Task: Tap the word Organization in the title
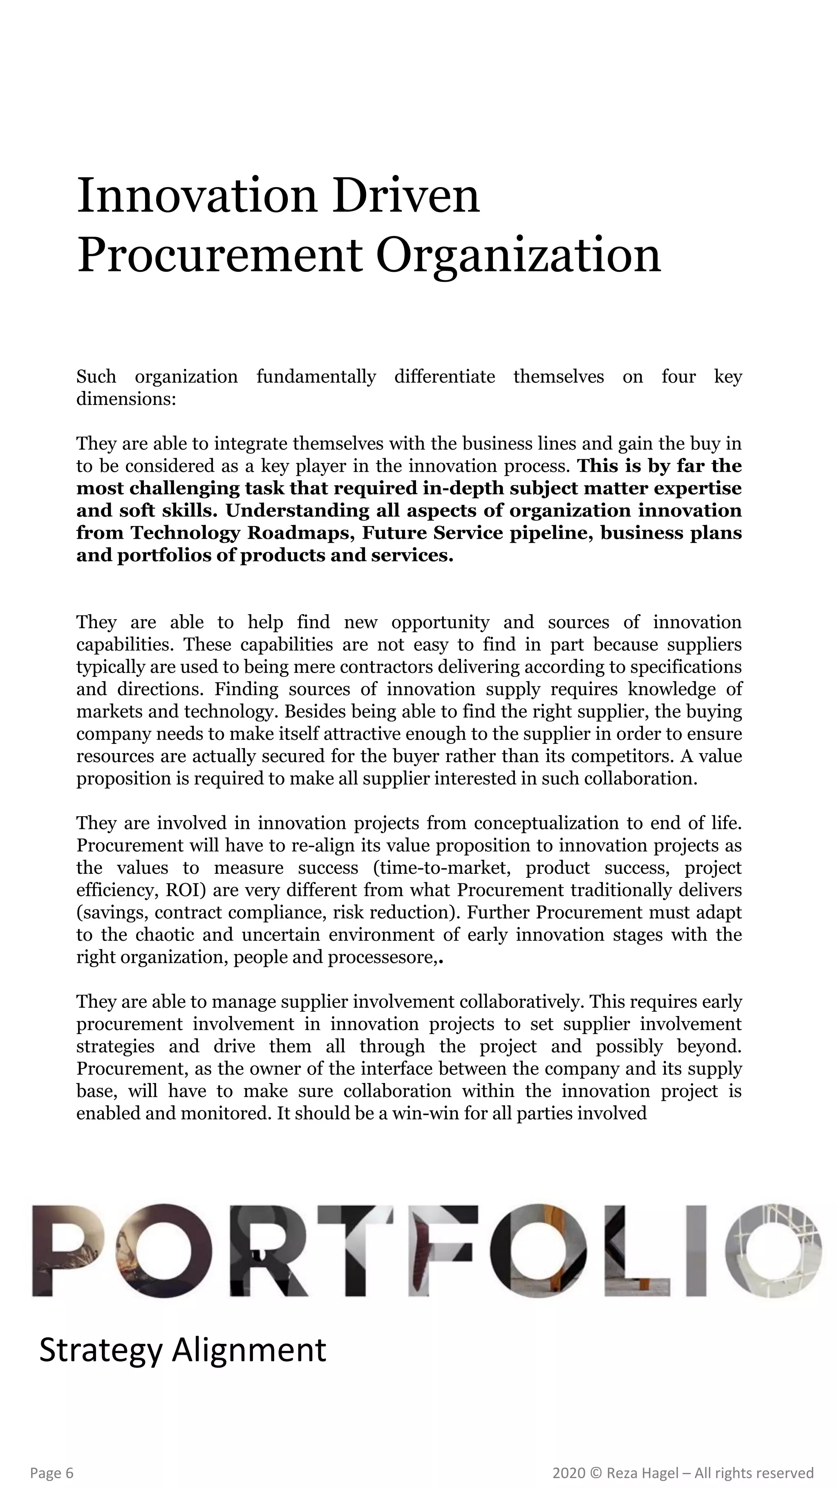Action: [518, 255]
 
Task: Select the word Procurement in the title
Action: [219, 255]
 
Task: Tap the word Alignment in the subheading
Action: [249, 1350]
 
